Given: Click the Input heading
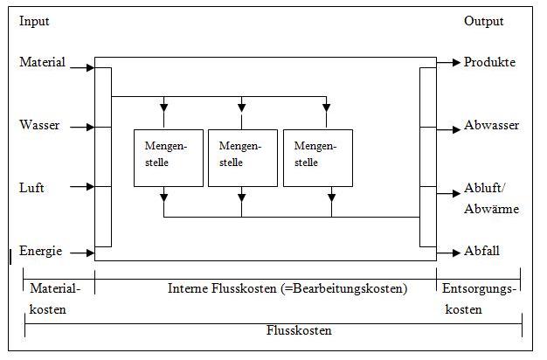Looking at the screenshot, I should (34, 22).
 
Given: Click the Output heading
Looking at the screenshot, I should (483, 22).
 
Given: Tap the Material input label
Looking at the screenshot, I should (42, 63).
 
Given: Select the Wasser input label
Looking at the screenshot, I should (39, 126).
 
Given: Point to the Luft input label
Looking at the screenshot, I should (31, 188).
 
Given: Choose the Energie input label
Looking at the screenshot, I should (41, 252).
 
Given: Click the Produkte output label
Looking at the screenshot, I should (489, 63).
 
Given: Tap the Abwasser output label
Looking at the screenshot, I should (491, 126).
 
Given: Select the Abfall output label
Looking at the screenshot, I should (481, 252).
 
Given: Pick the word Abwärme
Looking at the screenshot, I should (491, 209).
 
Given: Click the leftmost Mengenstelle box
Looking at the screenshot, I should (168, 157).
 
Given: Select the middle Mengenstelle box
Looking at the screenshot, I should (242, 157).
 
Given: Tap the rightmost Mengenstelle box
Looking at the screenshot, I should (318, 157).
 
